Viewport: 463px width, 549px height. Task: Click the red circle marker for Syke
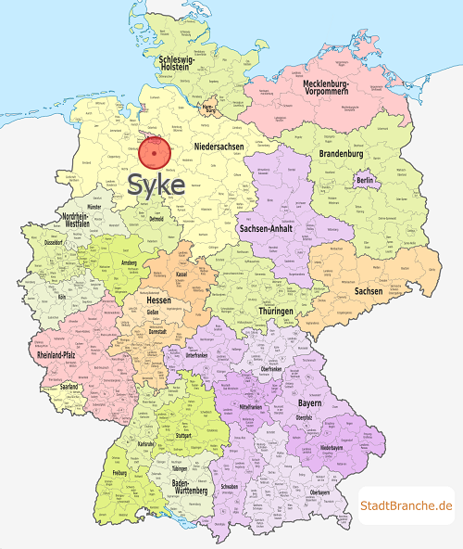click(161, 152)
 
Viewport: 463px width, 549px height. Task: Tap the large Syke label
click(156, 184)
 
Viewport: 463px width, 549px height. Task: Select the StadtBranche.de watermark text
click(407, 505)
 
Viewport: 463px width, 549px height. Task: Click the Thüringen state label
click(277, 312)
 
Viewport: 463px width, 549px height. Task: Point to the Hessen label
click(159, 300)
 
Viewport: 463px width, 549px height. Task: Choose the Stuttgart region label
click(182, 434)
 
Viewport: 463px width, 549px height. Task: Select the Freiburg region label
click(119, 472)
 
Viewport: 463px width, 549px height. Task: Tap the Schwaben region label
click(232, 486)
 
